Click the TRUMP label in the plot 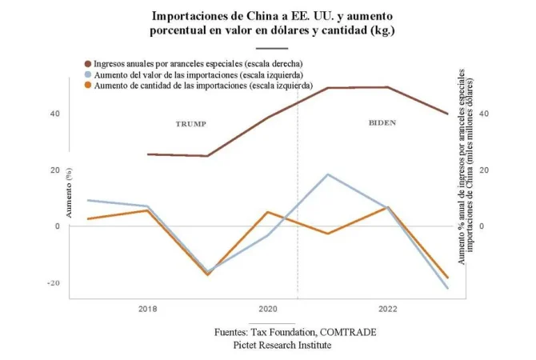pyautogui.click(x=191, y=124)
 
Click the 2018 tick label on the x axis pyautogui.click(x=147, y=308)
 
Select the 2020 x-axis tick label pyautogui.click(x=267, y=308)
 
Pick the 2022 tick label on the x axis pyautogui.click(x=387, y=308)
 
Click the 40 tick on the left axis pyautogui.click(x=54, y=114)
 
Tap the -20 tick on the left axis pyautogui.click(x=54, y=283)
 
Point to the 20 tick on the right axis pyautogui.click(x=462, y=170)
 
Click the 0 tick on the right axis pyautogui.click(x=460, y=226)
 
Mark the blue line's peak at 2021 pyautogui.click(x=327, y=174)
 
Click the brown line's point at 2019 pyautogui.click(x=207, y=156)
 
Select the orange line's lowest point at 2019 pyautogui.click(x=207, y=274)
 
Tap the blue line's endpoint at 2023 pyautogui.click(x=447, y=288)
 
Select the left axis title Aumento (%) pyautogui.click(x=70, y=196)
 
